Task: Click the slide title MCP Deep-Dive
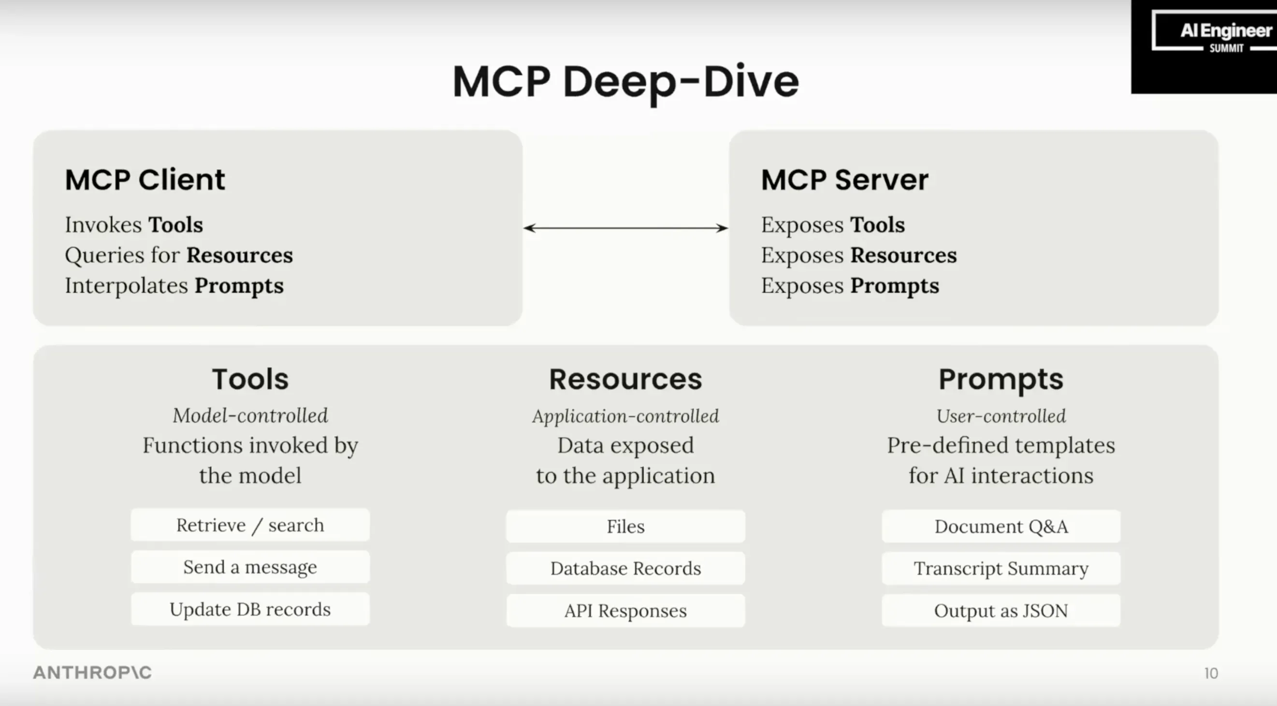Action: click(625, 82)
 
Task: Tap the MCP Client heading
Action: click(145, 179)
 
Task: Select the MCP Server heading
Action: click(844, 179)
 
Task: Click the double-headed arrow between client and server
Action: click(625, 228)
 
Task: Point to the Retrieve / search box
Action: click(250, 525)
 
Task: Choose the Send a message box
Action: click(250, 567)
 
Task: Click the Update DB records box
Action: click(250, 609)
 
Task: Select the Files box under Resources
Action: click(625, 527)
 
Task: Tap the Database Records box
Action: click(625, 569)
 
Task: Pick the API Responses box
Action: click(625, 611)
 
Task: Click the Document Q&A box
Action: click(1001, 527)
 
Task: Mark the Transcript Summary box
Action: click(1001, 569)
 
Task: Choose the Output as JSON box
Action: click(1001, 611)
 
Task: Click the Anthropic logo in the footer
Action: click(92, 673)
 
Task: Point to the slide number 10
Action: click(1211, 673)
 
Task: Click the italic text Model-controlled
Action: click(250, 415)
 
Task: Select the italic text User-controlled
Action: click(1001, 416)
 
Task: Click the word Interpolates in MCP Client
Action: click(127, 286)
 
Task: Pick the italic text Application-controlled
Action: click(625, 416)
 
